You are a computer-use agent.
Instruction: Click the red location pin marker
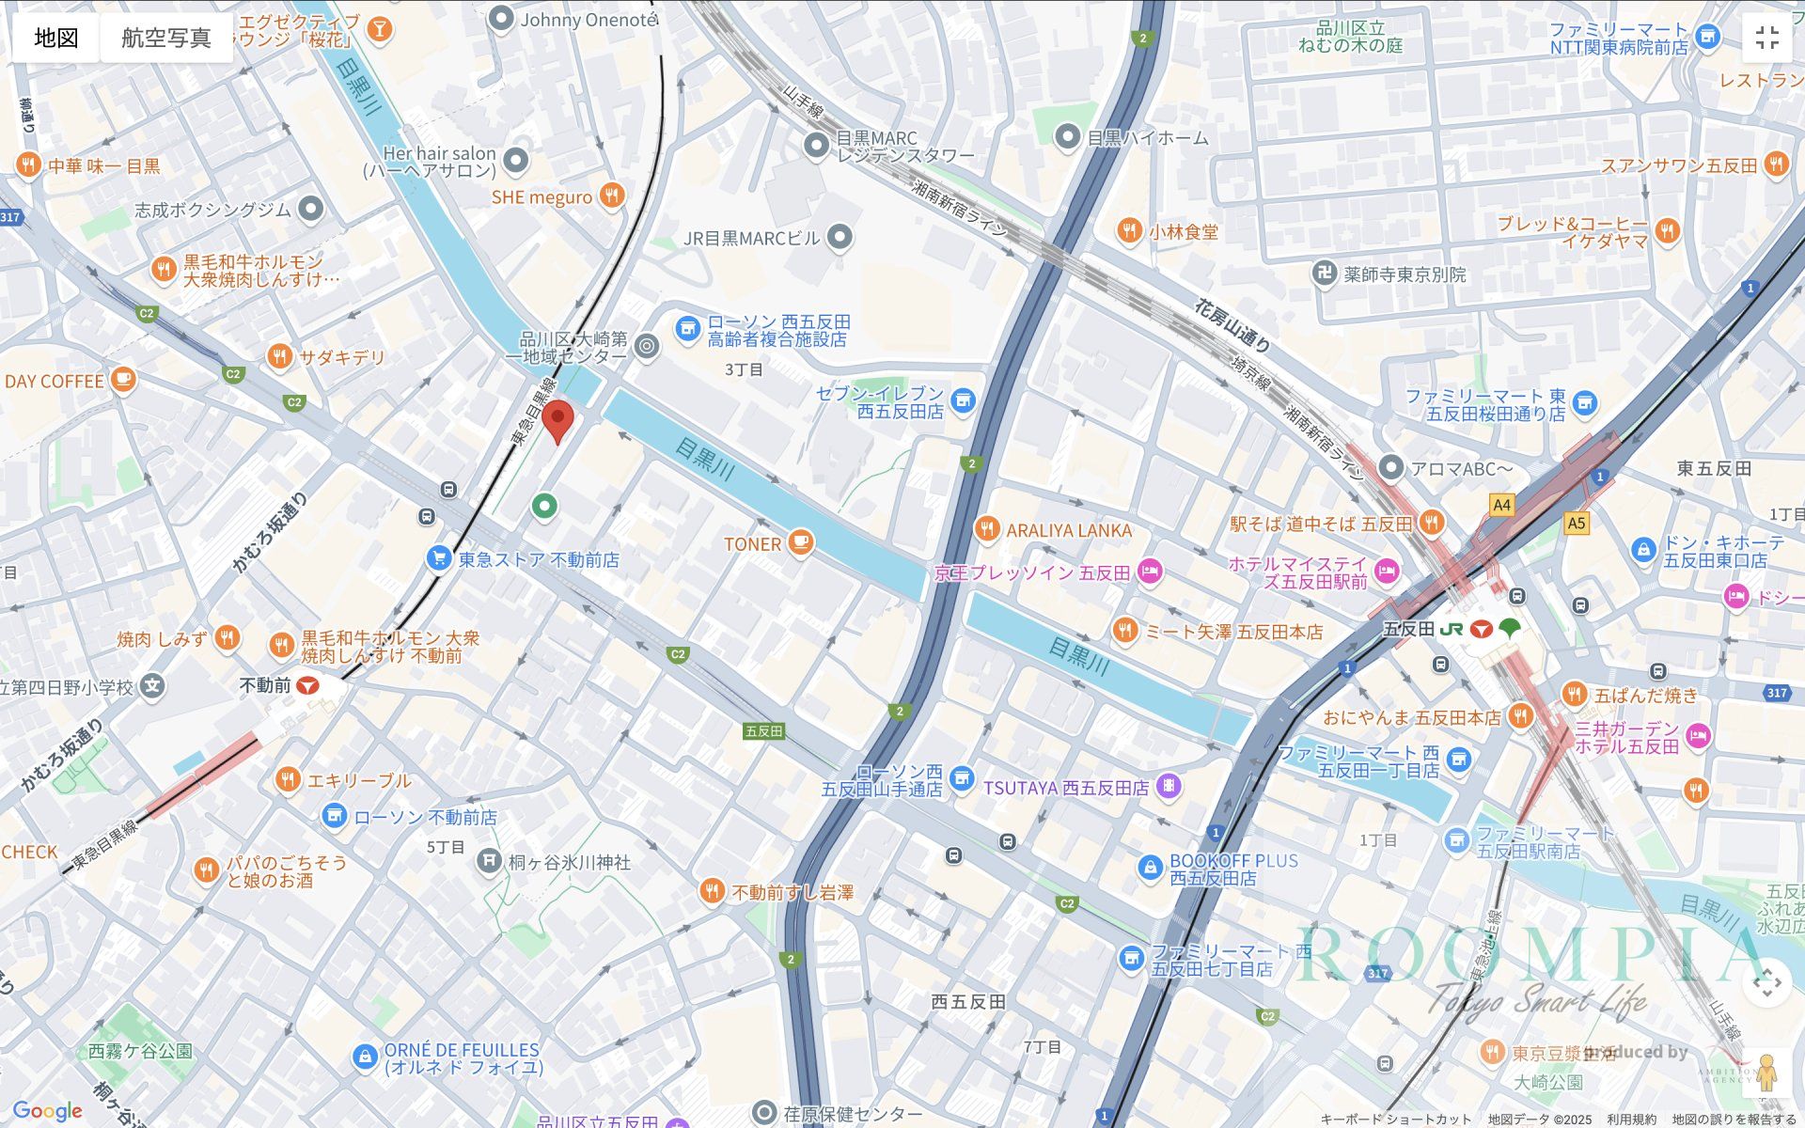click(x=558, y=419)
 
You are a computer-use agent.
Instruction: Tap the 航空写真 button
click(x=166, y=38)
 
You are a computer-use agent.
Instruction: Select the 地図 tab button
click(x=56, y=38)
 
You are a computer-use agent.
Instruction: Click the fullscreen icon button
click(x=1766, y=38)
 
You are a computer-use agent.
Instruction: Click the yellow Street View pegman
click(x=1766, y=1073)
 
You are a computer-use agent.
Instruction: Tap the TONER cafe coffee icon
click(x=800, y=542)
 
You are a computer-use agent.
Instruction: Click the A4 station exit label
click(x=1501, y=505)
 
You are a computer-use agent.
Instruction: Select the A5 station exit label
click(x=1577, y=523)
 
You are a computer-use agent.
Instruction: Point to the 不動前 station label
click(x=266, y=685)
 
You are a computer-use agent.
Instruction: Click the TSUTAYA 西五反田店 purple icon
click(x=1169, y=786)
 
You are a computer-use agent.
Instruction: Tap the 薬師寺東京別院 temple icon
click(x=1325, y=274)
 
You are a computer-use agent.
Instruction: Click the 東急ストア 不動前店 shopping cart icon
click(x=438, y=558)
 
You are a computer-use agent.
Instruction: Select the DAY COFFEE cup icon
click(x=122, y=380)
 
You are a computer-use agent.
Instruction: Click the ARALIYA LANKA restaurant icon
click(x=986, y=529)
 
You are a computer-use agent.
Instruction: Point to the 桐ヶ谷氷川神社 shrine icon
click(x=488, y=861)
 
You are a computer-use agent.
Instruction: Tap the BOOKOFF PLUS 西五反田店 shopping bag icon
click(x=1149, y=869)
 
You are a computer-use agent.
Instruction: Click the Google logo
click(x=47, y=1111)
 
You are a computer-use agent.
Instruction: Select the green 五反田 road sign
click(x=763, y=730)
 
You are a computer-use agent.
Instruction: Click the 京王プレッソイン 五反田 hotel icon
click(x=1149, y=572)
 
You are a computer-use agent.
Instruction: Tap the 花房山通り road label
click(x=1232, y=325)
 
